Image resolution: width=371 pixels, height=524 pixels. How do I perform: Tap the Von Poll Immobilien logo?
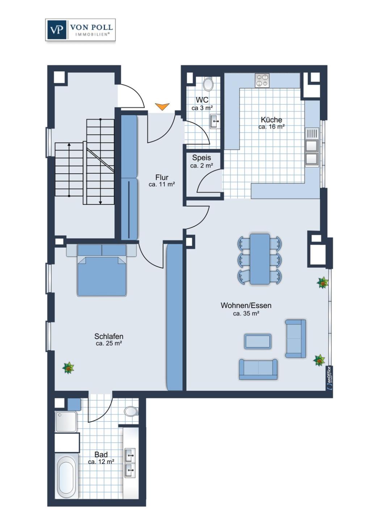pyautogui.click(x=80, y=30)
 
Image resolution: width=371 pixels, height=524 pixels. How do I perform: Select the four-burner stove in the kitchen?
pyautogui.click(x=262, y=80)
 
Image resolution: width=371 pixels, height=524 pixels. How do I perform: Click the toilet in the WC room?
pyautogui.click(x=208, y=84)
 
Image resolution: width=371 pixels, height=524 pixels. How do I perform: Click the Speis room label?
pyautogui.click(x=201, y=157)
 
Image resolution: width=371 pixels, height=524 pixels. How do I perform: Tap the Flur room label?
pyautogui.click(x=162, y=177)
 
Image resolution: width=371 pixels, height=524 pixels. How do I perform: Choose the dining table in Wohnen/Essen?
pyautogui.click(x=260, y=259)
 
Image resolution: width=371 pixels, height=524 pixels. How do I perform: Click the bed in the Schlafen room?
pyautogui.click(x=102, y=270)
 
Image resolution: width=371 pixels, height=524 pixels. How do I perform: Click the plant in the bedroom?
pyautogui.click(x=68, y=368)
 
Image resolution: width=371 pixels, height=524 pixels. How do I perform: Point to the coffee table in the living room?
pyautogui.click(x=258, y=341)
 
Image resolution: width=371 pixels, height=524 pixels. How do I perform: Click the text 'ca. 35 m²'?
pyautogui.click(x=246, y=313)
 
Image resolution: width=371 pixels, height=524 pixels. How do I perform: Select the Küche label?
pyautogui.click(x=271, y=120)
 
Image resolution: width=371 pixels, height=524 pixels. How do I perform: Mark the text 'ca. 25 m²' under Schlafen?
pyautogui.click(x=109, y=343)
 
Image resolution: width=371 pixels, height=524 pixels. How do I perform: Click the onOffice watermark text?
pyautogui.click(x=329, y=378)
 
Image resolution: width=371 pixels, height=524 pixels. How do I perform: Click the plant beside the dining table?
pyautogui.click(x=322, y=283)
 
